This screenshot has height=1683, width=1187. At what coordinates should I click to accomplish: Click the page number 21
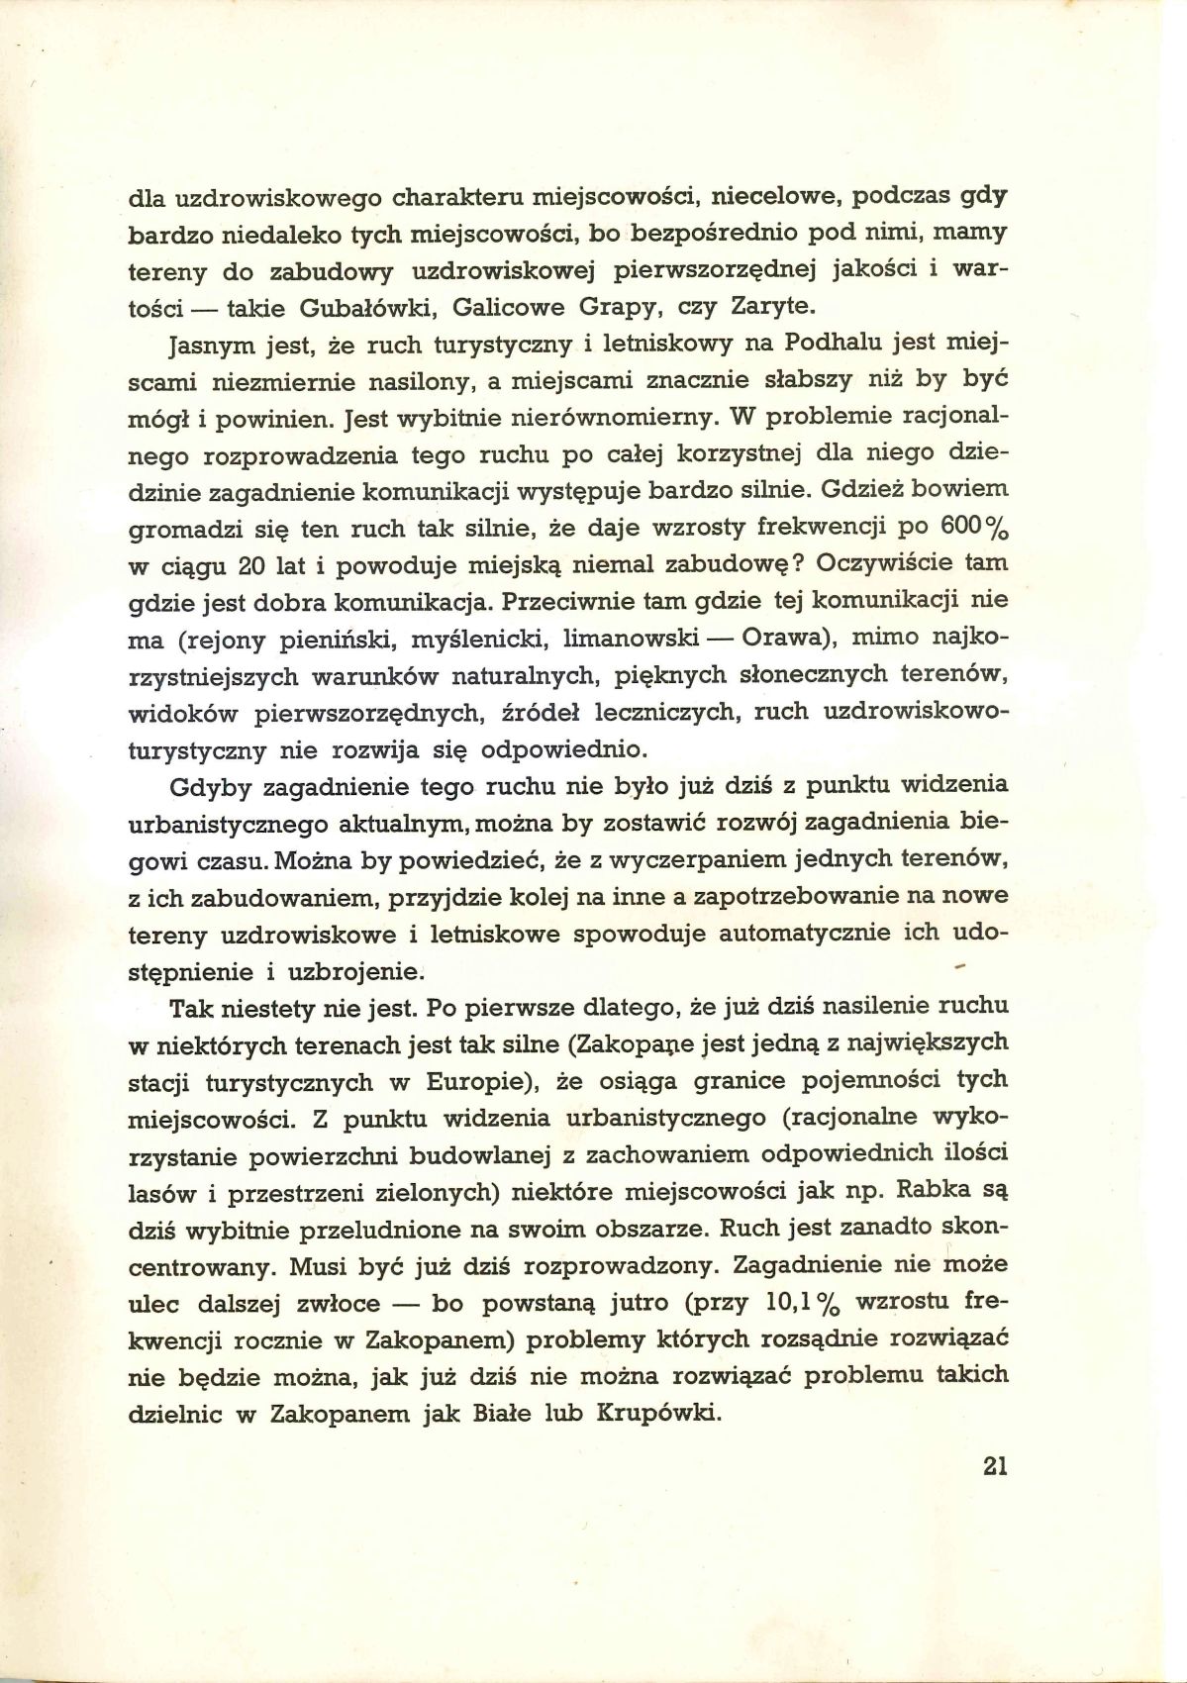[995, 1465]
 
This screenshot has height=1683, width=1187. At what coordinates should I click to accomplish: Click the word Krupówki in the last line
[656, 1414]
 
